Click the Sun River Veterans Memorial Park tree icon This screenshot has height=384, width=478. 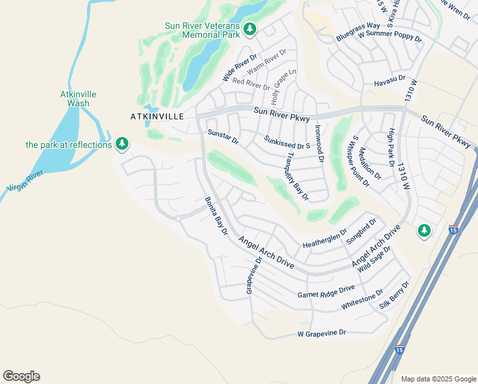(249, 29)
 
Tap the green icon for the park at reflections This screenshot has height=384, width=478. (121, 144)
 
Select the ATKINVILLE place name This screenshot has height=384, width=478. (157, 116)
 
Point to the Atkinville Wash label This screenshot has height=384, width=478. (78, 99)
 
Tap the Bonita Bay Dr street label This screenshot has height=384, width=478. (216, 216)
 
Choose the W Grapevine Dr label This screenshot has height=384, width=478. (321, 333)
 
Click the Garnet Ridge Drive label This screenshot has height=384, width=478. (326, 292)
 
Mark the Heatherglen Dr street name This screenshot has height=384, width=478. (324, 240)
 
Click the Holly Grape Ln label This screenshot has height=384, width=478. (284, 87)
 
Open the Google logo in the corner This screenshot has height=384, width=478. (21, 376)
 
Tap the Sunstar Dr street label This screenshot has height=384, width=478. (223, 136)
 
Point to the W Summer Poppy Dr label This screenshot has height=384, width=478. (390, 36)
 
